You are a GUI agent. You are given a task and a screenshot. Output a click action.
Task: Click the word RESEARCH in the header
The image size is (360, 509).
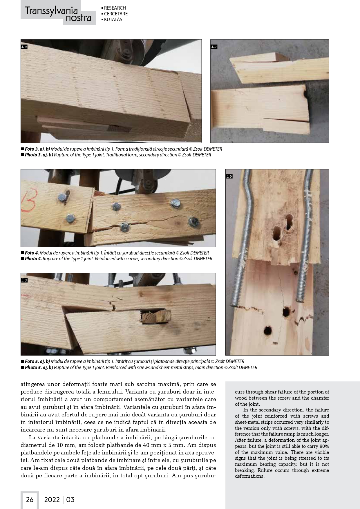pos(115,8)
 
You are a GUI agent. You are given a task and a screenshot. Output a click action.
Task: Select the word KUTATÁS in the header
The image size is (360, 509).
pos(113,20)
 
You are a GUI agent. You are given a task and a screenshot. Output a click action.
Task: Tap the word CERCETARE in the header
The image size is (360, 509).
pos(116,14)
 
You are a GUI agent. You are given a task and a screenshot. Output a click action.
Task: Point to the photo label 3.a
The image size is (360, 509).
pos(24,46)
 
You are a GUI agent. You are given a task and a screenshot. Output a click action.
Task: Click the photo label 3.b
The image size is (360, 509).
pos(214,46)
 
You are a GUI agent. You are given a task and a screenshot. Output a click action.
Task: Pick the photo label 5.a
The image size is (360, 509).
pos(24,280)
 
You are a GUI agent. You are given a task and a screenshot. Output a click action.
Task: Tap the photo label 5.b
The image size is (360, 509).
pos(229,176)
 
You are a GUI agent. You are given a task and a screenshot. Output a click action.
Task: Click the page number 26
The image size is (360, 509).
pos(30,499)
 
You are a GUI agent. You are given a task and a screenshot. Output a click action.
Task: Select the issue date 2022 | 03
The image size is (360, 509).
pos(59,499)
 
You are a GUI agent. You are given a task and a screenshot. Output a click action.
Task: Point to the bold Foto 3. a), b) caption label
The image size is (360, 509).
pos(37,149)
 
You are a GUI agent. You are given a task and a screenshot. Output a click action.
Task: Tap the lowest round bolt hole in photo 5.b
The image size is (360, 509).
pos(267,331)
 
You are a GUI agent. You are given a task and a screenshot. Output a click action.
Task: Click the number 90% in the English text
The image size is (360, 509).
pos(324,446)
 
